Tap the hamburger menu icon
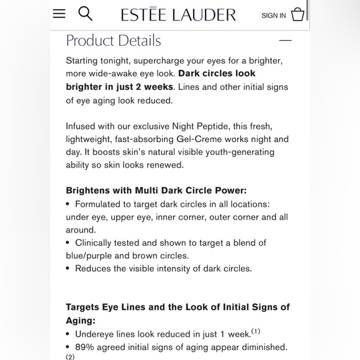pyautogui.click(x=59, y=14)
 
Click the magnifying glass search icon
pyautogui.click(x=85, y=14)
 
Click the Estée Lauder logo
pyautogui.click(x=178, y=14)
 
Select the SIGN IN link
pyautogui.click(x=274, y=16)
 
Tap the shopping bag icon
pyautogui.click(x=298, y=14)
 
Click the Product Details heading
pyautogui.click(x=114, y=41)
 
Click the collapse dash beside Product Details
pyautogui.click(x=286, y=40)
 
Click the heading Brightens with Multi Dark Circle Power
pyautogui.click(x=156, y=191)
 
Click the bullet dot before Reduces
pyautogui.click(x=68, y=269)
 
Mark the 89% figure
pyautogui.click(x=86, y=347)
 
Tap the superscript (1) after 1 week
pyautogui.click(x=256, y=331)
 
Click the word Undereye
pyautogui.click(x=96, y=334)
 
